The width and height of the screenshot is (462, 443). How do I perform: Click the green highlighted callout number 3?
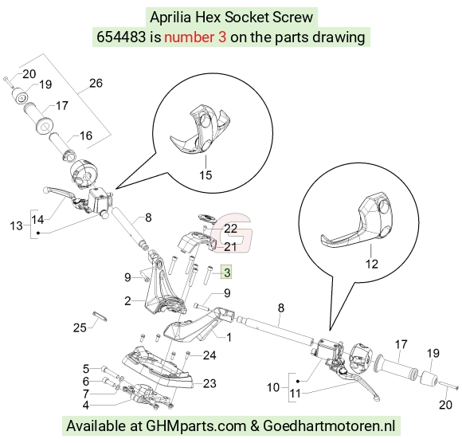tap(227, 272)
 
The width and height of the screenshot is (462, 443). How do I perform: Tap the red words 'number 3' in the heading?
tap(195, 37)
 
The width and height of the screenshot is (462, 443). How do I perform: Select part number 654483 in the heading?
tap(121, 37)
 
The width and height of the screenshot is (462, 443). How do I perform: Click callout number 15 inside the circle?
tap(206, 175)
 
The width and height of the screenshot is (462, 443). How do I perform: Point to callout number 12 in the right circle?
tap(371, 264)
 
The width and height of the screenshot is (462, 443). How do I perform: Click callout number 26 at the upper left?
tap(96, 83)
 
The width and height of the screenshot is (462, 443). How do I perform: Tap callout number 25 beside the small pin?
tap(80, 327)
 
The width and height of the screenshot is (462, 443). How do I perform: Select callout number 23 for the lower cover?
tap(209, 383)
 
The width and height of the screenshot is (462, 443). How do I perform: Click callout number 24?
tap(209, 355)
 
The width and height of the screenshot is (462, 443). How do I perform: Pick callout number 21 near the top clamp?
tap(230, 247)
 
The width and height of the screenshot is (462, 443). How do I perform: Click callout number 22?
tap(231, 229)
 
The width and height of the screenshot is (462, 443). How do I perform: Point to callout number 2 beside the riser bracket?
tap(127, 301)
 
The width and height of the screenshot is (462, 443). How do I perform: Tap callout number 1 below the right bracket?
tap(229, 337)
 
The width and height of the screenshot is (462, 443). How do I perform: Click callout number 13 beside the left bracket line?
tap(16, 226)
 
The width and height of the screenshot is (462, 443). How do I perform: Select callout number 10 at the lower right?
tap(273, 387)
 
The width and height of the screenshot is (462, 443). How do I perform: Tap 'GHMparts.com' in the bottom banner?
tap(196, 426)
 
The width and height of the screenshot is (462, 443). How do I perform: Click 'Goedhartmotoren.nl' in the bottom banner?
tap(329, 426)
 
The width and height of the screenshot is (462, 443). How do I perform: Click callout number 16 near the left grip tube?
tap(86, 135)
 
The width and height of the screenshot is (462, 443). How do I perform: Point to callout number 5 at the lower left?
tap(86, 369)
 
